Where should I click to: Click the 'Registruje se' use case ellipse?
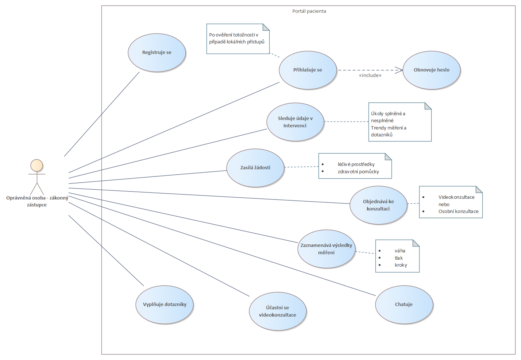tap(157, 53)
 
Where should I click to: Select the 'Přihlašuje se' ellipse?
tap(308, 70)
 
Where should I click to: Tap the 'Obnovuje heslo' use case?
tap(431, 70)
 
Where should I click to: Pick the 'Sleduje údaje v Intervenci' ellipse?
tap(295, 122)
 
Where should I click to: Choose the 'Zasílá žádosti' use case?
tap(255, 168)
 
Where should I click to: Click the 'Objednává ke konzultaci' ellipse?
tap(378, 205)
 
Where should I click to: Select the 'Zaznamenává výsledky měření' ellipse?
tap(326, 249)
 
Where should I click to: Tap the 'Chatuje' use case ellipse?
tap(404, 305)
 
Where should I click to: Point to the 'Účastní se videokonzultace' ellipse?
tap(277, 311)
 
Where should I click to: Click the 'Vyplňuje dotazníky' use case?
tap(165, 305)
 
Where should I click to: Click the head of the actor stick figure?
tap(37, 166)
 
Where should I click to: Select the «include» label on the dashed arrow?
tap(370, 76)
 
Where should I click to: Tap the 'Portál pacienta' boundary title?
tap(309, 11)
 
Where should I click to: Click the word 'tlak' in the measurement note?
tap(398, 258)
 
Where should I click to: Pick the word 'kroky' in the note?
tap(401, 265)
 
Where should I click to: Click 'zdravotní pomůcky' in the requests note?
tap(358, 172)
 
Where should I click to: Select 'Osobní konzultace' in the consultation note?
tap(458, 212)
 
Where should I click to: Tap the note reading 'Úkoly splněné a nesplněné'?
tap(400, 122)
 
